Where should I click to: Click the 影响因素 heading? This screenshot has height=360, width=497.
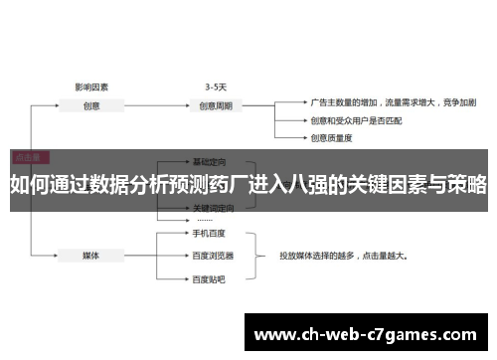pyautogui.click(x=91, y=86)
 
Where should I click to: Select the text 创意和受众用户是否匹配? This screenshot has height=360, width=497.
pyautogui.click(x=353, y=121)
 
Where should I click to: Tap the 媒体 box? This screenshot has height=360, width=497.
pyautogui.click(x=90, y=227)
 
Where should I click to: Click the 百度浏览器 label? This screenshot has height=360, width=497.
pyautogui.click(x=211, y=228)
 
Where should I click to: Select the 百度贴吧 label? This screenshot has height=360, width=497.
pyautogui.click(x=209, y=251)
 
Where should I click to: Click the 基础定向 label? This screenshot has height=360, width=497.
pyautogui.click(x=209, y=161)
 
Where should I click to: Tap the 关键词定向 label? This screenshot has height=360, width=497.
pyautogui.click(x=211, y=208)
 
